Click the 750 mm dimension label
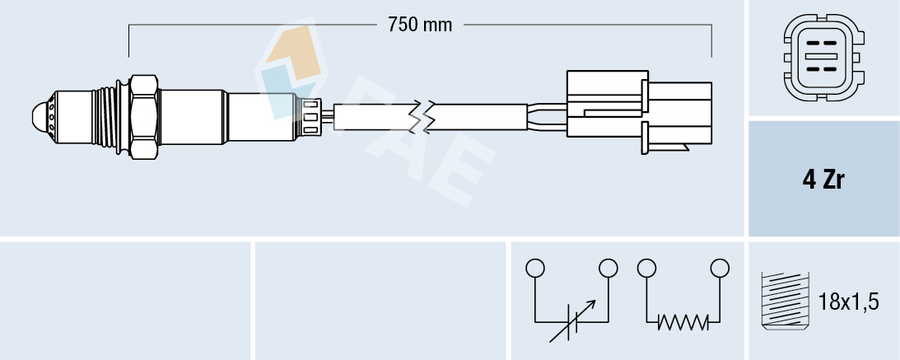(x=420, y=25)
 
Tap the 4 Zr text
(x=823, y=180)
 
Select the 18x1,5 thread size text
(x=850, y=302)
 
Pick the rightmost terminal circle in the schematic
(x=720, y=268)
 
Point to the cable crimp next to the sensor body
(x=311, y=115)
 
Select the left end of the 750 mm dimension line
(x=130, y=26)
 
